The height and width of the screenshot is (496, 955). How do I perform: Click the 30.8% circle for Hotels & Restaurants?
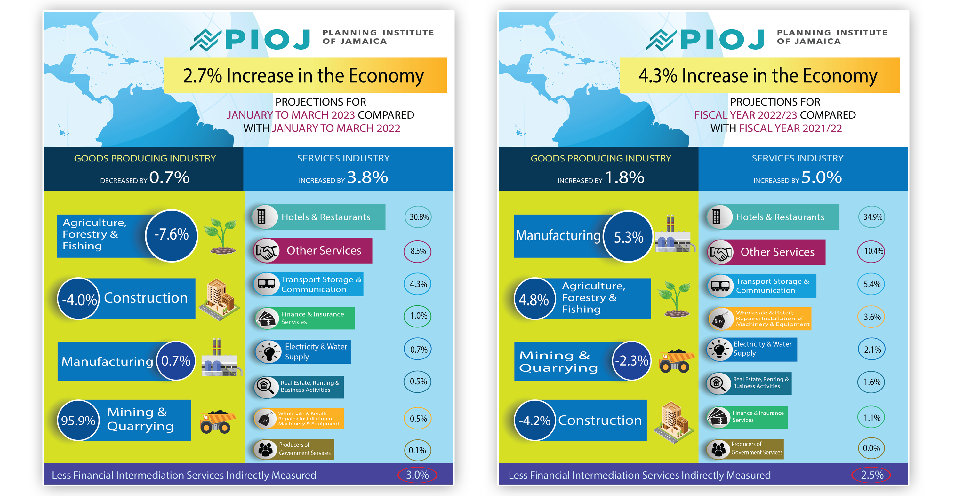click(x=419, y=217)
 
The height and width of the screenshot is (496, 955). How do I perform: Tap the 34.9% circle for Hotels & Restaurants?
click(x=872, y=217)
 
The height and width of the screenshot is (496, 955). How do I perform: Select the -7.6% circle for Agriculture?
click(x=171, y=235)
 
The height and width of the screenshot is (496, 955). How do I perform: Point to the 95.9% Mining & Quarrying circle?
click(x=78, y=421)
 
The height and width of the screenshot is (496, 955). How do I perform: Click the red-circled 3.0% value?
click(x=417, y=475)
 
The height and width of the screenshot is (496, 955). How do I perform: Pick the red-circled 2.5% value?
click(x=871, y=475)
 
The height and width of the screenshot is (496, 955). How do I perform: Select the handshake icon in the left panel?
click(x=267, y=251)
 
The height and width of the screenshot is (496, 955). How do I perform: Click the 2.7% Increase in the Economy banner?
click(x=305, y=75)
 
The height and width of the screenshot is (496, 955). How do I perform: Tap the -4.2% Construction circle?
click(x=534, y=421)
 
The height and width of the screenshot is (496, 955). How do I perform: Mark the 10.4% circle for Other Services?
click(x=872, y=251)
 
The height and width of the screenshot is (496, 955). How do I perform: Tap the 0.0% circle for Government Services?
click(x=871, y=448)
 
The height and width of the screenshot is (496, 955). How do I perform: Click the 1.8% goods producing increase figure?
click(x=625, y=177)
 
